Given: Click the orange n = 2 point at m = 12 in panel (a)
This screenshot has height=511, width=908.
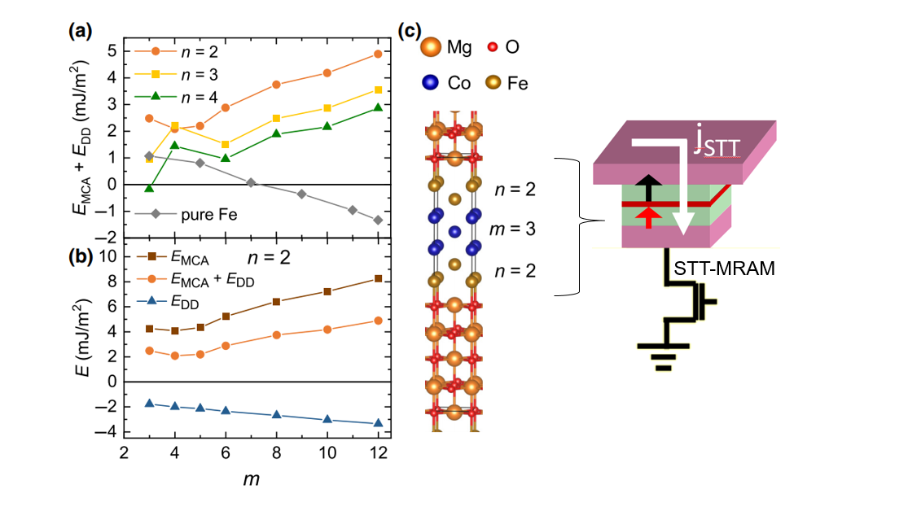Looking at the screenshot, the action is pos(378,54).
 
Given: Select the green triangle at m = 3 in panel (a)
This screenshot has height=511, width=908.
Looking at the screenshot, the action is pos(149,188).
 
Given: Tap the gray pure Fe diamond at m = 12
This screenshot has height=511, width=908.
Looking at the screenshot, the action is pos(378,220).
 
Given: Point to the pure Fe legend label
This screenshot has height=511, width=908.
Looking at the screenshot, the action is pos(209,215).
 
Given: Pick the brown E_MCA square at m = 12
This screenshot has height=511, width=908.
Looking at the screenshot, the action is pos(378,279).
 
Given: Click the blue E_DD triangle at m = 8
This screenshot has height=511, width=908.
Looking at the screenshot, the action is pos(276,414).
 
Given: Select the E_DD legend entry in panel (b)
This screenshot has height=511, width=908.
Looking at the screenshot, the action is pos(168,302).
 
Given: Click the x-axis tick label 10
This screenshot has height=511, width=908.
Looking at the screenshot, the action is pos(327,452).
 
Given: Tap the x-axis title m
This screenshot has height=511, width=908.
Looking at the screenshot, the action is pos(252,479).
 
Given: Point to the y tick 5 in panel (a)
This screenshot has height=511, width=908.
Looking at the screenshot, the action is pos(112,51).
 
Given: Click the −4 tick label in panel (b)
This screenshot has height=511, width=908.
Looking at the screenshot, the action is pos(106,432).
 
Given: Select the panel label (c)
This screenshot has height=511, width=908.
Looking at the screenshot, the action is pos(410,31).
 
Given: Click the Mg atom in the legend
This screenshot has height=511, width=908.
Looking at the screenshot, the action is pos(430,47).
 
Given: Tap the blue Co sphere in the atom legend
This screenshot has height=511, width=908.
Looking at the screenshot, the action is pos(430,82).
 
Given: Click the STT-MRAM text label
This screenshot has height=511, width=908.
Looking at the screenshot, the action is pos(724,269).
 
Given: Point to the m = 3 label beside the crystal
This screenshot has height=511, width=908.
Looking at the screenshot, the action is pos(512,229).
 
